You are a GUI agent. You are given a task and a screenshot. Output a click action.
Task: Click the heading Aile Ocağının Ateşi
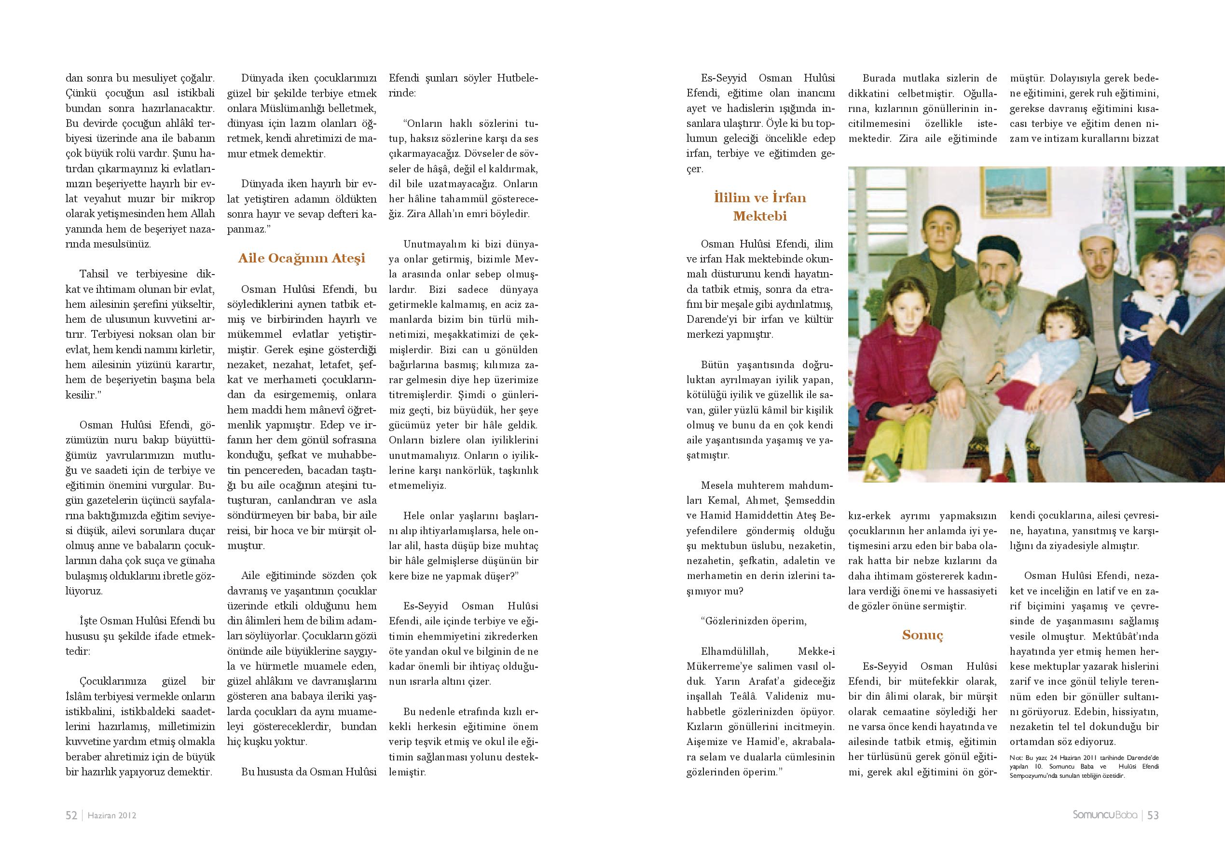click(x=302, y=259)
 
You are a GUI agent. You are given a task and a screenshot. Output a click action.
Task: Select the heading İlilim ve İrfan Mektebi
click(x=760, y=207)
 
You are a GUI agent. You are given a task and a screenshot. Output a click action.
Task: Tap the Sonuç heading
click(x=922, y=635)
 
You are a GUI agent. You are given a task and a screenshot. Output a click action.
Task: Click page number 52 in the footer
click(x=71, y=815)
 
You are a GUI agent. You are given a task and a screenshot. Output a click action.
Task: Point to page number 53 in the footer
click(x=1153, y=815)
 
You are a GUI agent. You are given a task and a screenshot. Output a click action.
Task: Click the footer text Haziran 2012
click(x=112, y=815)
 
